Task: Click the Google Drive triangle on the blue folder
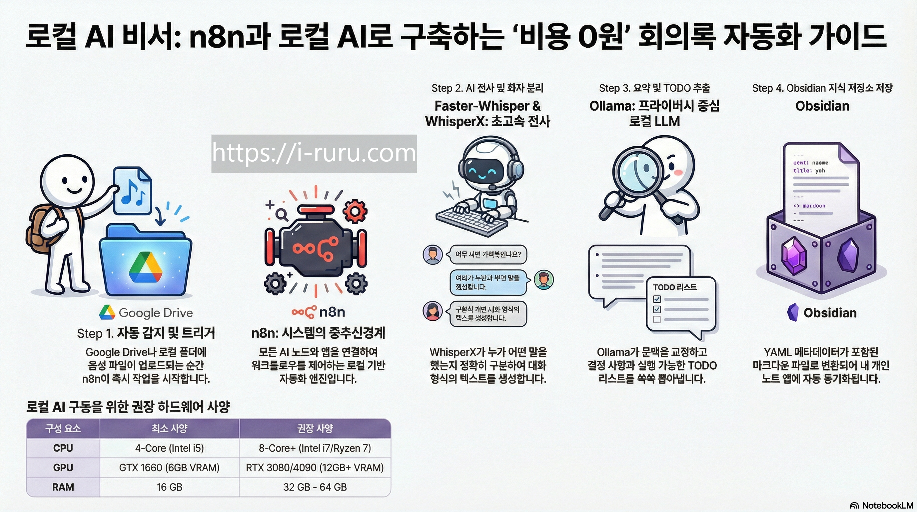coord(145,267)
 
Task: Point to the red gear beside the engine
coord(355,211)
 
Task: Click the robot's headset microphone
coord(493,187)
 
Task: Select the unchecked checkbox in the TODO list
coord(657,319)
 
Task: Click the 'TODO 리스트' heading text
coord(674,287)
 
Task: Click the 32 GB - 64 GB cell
coord(315,487)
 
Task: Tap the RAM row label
coord(63,487)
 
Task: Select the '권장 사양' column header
coord(315,428)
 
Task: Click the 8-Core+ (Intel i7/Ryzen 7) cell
coord(315,448)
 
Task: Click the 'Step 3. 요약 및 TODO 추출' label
coord(654,88)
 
